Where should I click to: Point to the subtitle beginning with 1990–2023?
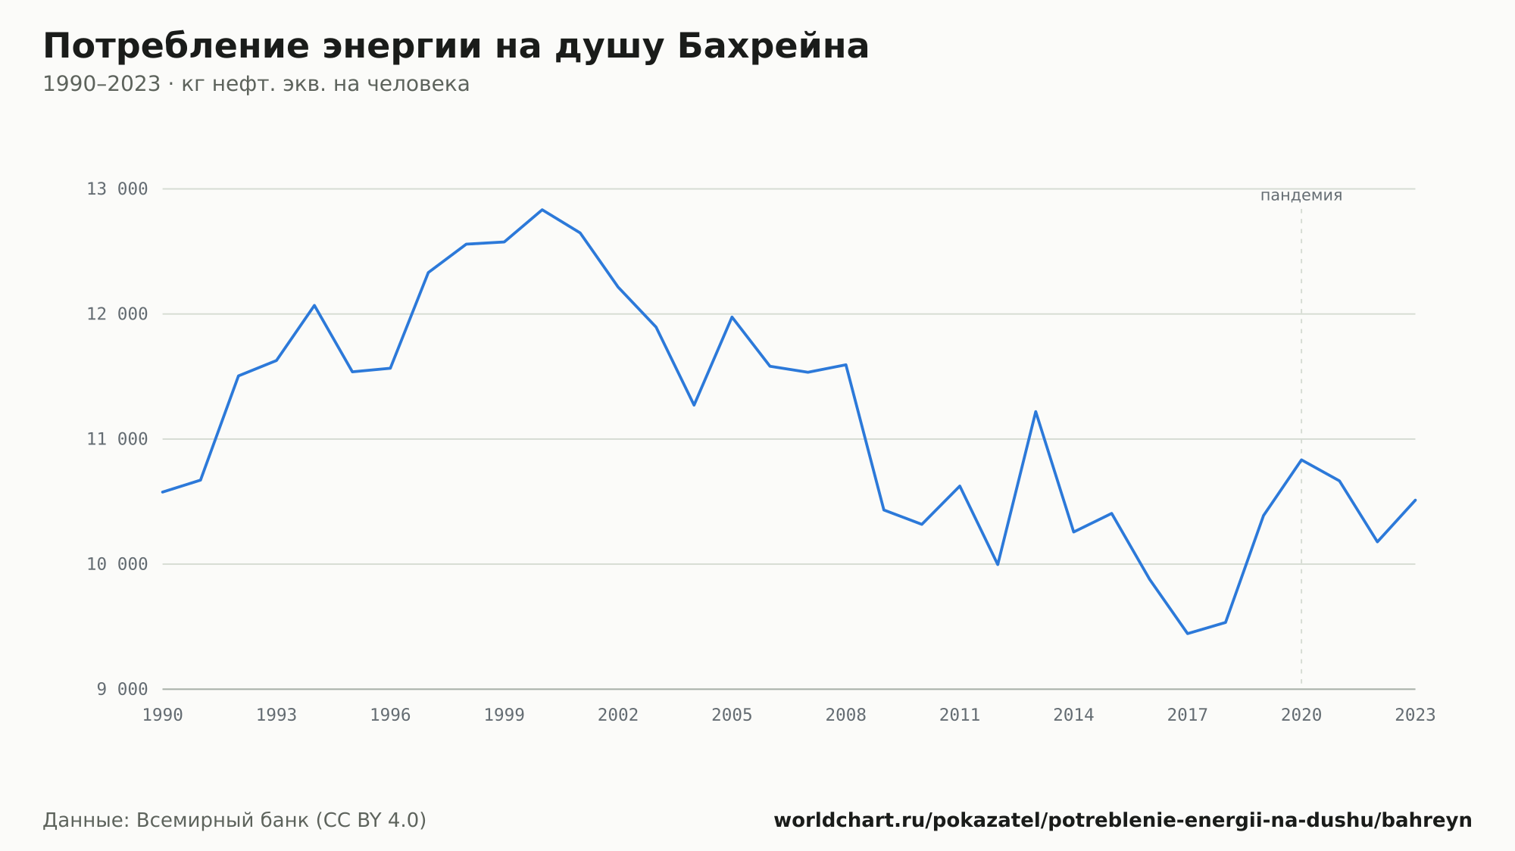(x=256, y=84)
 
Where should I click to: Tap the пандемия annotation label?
(x=1301, y=195)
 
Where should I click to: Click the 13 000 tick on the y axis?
(x=117, y=189)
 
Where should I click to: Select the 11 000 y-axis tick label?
(x=117, y=439)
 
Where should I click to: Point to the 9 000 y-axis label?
(x=122, y=689)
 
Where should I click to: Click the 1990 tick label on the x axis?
(x=163, y=715)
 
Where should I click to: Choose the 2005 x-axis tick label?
(x=732, y=715)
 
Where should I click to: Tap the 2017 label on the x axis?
(x=1187, y=715)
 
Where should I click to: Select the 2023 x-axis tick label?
(x=1415, y=715)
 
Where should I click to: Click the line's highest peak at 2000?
(x=542, y=210)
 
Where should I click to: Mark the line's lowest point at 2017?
(x=1187, y=633)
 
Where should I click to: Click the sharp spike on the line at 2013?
(x=1036, y=411)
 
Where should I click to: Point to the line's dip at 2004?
(x=694, y=405)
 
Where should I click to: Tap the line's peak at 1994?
(x=314, y=305)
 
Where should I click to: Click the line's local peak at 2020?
(x=1301, y=460)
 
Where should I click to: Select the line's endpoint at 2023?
(x=1415, y=500)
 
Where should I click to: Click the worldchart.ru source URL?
(x=1123, y=820)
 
